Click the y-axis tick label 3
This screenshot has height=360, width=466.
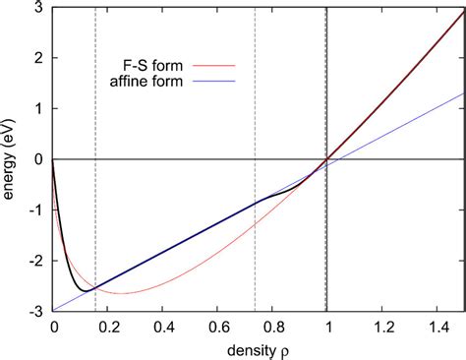coord(41,7)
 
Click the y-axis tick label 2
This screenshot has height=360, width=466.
coord(41,57)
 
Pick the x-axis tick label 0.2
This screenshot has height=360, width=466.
coord(108,326)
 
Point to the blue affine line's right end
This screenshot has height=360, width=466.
coord(464,93)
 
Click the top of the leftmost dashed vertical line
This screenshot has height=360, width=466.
coord(95,7)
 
